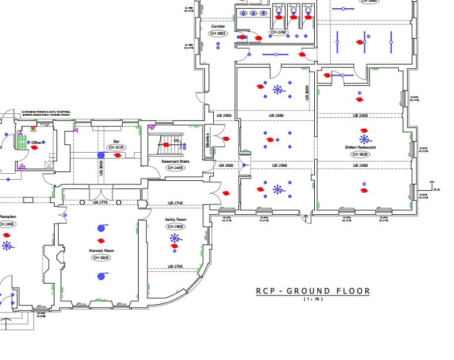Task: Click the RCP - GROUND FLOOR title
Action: click(x=313, y=291)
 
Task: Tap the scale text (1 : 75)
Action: click(x=313, y=300)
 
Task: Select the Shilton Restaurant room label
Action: click(x=361, y=147)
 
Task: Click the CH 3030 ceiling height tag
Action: click(x=361, y=154)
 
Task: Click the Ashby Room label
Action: click(x=175, y=219)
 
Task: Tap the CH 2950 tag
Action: click(x=175, y=227)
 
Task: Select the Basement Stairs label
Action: click(x=175, y=160)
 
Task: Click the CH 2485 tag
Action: click(x=175, y=168)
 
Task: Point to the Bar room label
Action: click(x=116, y=142)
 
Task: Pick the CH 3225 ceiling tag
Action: click(x=116, y=147)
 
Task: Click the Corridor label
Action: click(x=218, y=26)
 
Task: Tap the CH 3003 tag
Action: click(x=218, y=33)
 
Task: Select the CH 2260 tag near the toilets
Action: click(x=278, y=32)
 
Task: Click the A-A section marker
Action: click(x=436, y=189)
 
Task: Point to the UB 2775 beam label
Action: click(x=100, y=203)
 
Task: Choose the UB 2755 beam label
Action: click(x=175, y=267)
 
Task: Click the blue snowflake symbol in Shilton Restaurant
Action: click(x=365, y=139)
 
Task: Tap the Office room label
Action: click(x=36, y=143)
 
